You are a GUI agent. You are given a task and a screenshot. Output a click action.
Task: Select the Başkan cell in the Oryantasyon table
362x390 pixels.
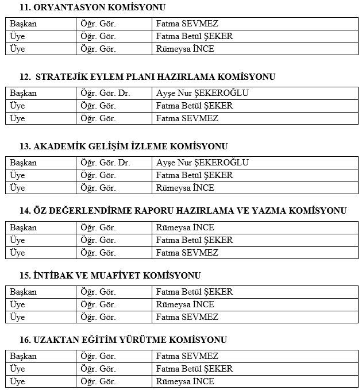point(23,24)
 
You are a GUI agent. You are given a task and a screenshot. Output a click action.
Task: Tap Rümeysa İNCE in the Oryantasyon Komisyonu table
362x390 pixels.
point(185,49)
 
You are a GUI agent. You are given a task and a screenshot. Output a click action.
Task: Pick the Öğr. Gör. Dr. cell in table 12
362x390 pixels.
point(106,93)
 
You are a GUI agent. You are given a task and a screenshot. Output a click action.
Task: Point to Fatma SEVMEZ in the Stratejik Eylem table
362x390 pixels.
point(187,118)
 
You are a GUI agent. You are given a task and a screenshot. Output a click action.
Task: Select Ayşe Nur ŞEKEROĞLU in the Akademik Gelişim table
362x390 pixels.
point(202,163)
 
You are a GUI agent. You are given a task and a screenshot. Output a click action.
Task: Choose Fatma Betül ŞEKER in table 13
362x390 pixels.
point(194,175)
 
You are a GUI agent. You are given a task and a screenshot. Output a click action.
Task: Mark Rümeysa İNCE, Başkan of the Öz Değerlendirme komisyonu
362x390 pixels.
point(185,227)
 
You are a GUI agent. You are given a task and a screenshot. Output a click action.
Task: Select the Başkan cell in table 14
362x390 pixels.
point(23,227)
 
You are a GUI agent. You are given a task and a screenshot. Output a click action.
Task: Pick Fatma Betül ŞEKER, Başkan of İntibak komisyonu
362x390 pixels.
point(194,292)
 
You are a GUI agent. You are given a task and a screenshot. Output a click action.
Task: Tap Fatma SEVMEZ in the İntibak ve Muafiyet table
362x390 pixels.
point(187,317)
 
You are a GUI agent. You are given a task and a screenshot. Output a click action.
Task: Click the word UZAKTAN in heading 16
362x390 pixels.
point(56,340)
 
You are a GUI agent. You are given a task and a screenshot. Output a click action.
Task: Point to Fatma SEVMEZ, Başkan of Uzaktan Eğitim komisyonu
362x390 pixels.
point(187,356)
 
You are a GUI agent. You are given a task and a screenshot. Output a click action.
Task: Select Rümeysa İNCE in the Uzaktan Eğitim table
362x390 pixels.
point(185,381)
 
